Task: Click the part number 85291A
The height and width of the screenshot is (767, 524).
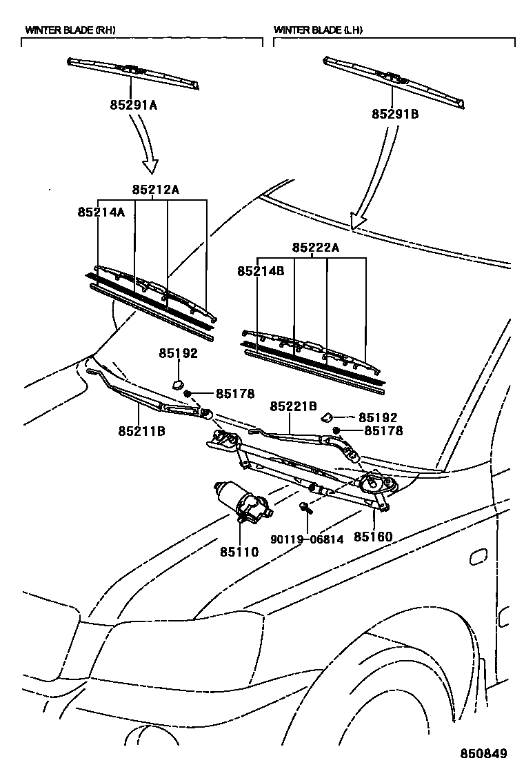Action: tap(133, 106)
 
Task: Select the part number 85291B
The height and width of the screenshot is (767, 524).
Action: tap(395, 114)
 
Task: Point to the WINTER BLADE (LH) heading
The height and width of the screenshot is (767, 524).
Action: tap(318, 30)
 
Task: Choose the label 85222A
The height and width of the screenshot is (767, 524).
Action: tap(315, 247)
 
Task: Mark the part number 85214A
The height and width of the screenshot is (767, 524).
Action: tap(101, 212)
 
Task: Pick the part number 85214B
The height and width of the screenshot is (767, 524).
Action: tap(261, 271)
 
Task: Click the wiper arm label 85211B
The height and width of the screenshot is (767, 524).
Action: tap(141, 431)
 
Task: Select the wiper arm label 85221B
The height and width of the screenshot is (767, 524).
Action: tap(293, 407)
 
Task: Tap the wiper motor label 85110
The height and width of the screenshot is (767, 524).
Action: tap(239, 552)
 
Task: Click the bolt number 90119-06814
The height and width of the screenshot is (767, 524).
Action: tap(305, 539)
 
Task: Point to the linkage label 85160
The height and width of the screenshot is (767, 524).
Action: tap(373, 536)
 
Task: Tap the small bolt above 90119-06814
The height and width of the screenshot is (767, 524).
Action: tap(305, 509)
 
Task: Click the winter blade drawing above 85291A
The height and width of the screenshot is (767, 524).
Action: tap(134, 72)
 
